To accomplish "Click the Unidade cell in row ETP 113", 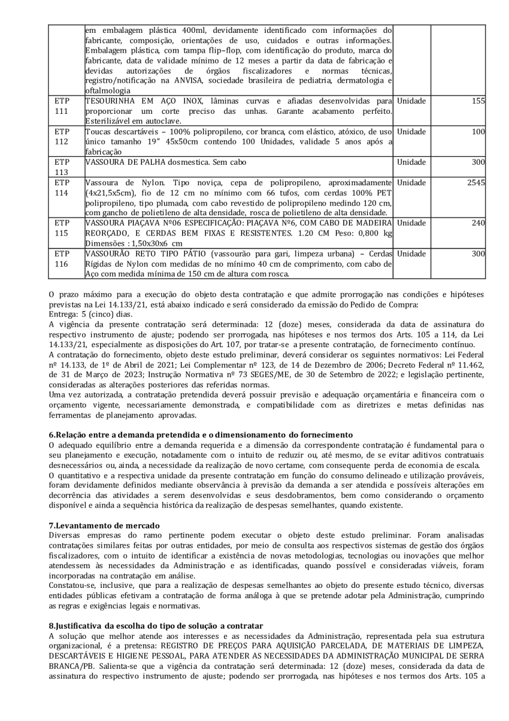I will (x=411, y=163).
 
